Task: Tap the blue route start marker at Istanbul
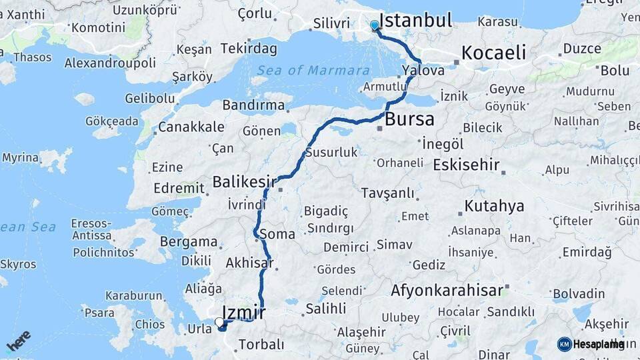click(374, 25)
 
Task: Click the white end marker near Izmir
click(219, 322)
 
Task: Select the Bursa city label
click(409, 120)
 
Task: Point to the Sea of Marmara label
click(313, 71)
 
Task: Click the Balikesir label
click(244, 181)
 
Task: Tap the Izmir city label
click(243, 312)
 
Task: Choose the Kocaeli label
click(493, 53)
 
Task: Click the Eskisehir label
click(466, 165)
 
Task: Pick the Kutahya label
click(494, 206)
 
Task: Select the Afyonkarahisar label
click(447, 291)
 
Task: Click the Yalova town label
click(423, 70)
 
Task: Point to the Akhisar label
click(250, 263)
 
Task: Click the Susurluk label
click(331, 153)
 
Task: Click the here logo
click(18, 341)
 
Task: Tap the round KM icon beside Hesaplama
click(564, 344)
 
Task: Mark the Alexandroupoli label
click(110, 63)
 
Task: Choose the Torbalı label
click(261, 345)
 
